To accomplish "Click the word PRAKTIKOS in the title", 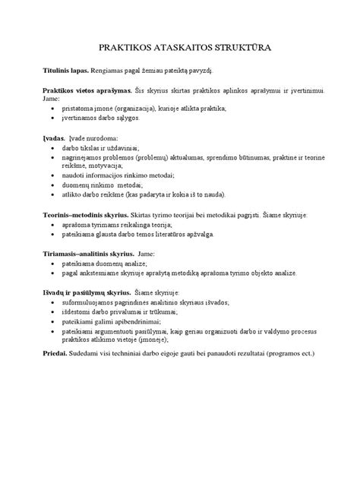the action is (x=118, y=48).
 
